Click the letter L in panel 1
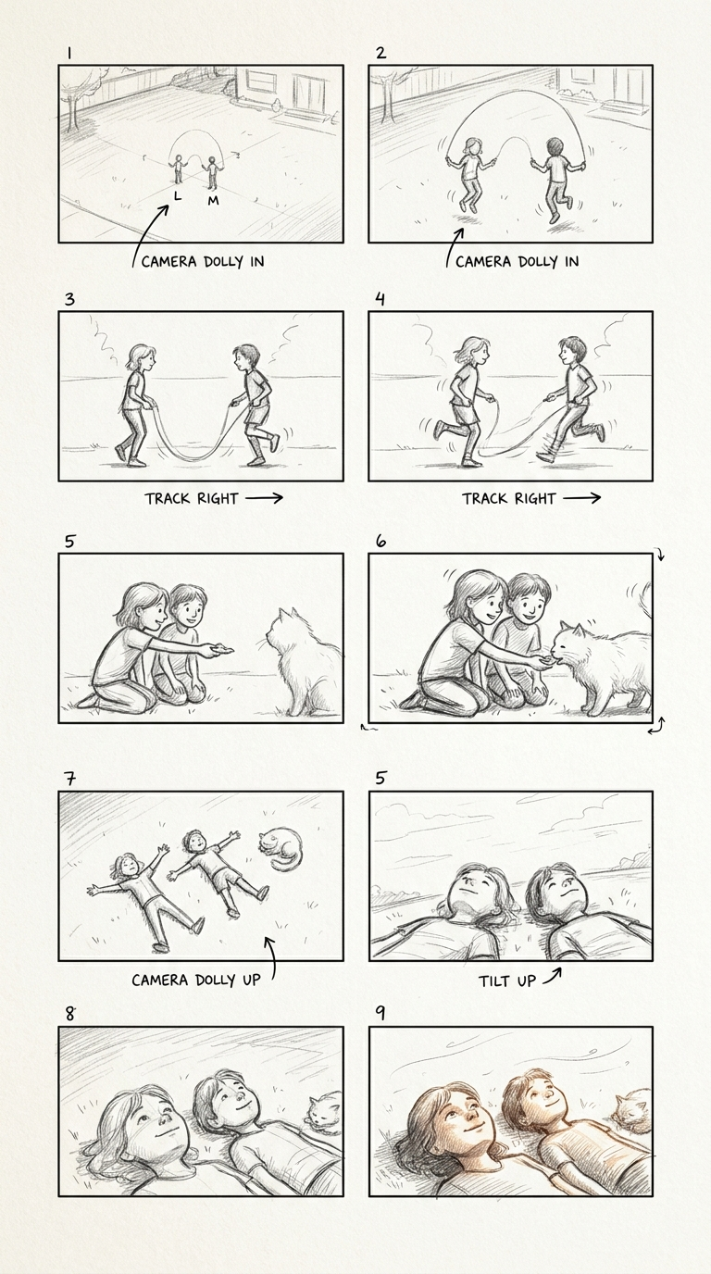click(178, 196)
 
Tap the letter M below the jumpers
click(213, 200)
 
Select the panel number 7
click(70, 778)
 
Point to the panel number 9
click(380, 1013)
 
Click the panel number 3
click(69, 299)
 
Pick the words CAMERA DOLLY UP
click(195, 980)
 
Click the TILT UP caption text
click(506, 981)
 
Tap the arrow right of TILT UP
click(551, 976)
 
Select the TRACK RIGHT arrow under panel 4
click(581, 498)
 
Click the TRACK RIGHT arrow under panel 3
click(264, 498)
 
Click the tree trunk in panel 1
click(71, 113)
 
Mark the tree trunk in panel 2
click(387, 103)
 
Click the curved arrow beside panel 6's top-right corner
click(660, 555)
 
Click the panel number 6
click(380, 541)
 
